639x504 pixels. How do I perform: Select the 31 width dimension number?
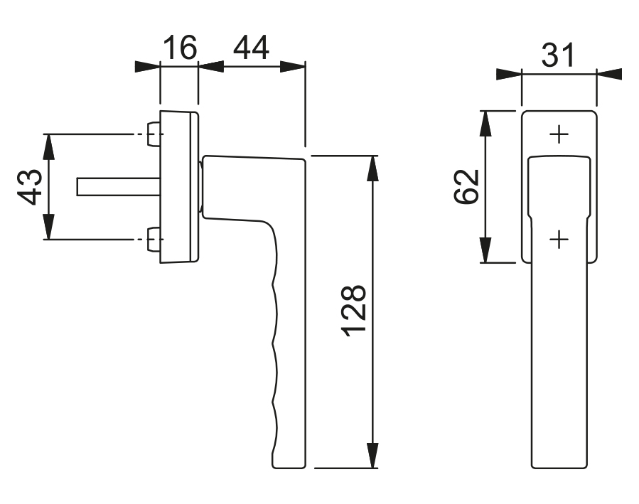coord(558,55)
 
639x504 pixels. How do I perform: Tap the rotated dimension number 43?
coord(30,187)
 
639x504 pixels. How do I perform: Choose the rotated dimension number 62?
coord(466,186)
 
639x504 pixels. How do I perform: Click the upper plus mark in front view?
coord(559,134)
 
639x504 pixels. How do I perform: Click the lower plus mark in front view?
coord(559,239)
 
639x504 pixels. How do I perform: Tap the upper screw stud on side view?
coord(154,134)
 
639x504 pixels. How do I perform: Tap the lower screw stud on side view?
coord(154,240)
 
